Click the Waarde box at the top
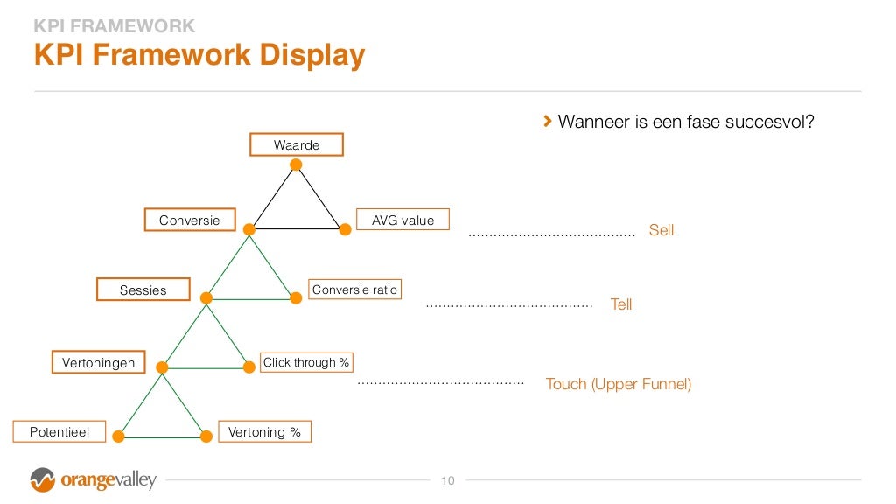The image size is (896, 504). (296, 144)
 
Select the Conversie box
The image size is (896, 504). (189, 220)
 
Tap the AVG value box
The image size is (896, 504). (402, 220)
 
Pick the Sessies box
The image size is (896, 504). (143, 290)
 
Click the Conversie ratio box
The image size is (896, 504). (354, 290)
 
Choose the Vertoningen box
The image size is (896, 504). (98, 362)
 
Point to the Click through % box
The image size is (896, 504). (306, 362)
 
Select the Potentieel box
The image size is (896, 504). (59, 432)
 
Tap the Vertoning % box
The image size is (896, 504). (264, 432)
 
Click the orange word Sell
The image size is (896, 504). (661, 231)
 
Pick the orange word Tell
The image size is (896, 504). (621, 305)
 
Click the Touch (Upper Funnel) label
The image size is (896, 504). (619, 384)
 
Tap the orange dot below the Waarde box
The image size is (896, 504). (296, 164)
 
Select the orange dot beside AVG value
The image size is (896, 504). (345, 229)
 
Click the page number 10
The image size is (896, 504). (448, 480)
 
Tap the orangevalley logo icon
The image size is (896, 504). (42, 480)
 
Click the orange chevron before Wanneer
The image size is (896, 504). (548, 121)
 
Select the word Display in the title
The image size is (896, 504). (311, 55)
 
